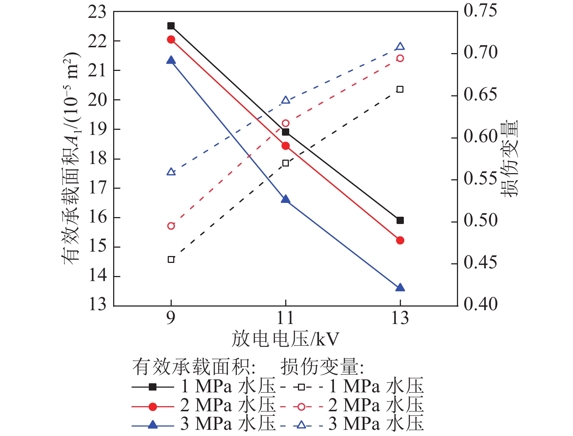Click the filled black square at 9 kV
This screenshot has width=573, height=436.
click(171, 26)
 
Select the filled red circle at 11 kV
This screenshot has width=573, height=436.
click(286, 146)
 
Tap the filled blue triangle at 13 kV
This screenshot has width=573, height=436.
click(400, 288)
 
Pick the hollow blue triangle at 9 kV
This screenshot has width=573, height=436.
click(171, 172)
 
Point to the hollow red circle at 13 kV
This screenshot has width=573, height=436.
click(400, 59)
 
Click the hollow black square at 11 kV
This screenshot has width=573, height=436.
click(286, 163)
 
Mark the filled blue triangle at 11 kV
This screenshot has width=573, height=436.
click(286, 199)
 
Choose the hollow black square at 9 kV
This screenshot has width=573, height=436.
click(171, 260)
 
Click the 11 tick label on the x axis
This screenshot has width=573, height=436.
click(286, 319)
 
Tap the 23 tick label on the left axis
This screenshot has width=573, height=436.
click(97, 12)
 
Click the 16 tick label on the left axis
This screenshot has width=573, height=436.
click(97, 217)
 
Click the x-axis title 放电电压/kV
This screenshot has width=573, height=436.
click(286, 339)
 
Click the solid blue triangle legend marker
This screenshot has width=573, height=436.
click(153, 424)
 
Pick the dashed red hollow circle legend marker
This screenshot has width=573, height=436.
click(301, 406)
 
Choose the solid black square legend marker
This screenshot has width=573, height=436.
click(153, 387)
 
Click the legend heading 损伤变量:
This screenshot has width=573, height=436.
click(322, 367)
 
